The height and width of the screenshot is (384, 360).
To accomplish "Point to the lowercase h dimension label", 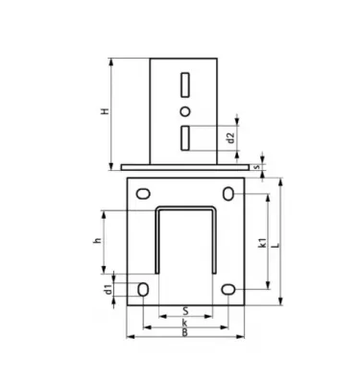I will [x=97, y=241].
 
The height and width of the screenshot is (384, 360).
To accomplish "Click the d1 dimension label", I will [x=108, y=287].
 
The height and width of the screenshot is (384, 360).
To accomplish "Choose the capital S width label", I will [x=184, y=310].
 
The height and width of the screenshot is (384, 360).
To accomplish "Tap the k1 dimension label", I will [x=262, y=246].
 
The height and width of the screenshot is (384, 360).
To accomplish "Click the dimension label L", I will [x=276, y=246].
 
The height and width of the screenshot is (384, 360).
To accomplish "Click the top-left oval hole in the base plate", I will [x=142, y=194].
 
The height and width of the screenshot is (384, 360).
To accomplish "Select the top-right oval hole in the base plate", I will [x=228, y=194].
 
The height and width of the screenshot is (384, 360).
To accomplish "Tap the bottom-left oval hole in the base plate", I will [x=142, y=289].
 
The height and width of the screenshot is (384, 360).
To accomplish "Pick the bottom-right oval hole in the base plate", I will [x=228, y=289].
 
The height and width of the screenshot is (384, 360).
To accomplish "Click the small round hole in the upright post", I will [x=184, y=111].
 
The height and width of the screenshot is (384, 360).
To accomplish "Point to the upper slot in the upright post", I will [x=184, y=86].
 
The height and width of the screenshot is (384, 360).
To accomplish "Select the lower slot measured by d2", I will [x=184, y=137].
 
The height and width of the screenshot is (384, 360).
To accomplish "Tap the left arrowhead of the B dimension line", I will [x=129, y=336].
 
